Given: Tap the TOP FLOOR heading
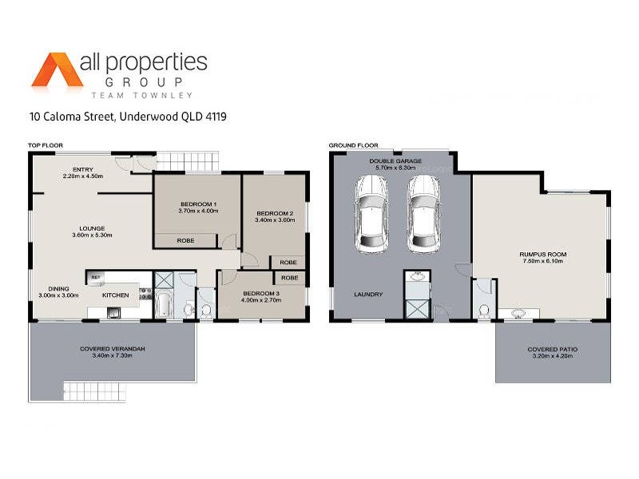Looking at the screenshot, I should pyautogui.click(x=46, y=145).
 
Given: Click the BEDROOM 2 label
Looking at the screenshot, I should pyautogui.click(x=275, y=213).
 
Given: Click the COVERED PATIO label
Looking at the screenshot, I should pyautogui.click(x=553, y=350).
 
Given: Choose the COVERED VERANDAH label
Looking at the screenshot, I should pyautogui.click(x=113, y=350).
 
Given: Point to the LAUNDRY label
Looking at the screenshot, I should pyautogui.click(x=368, y=295).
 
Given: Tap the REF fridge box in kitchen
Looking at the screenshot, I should pyautogui.click(x=95, y=277).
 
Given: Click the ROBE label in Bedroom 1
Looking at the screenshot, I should pyautogui.click(x=185, y=239).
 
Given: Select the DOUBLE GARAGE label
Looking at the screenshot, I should pyautogui.click(x=393, y=161).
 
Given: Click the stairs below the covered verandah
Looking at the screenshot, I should pyautogui.click(x=95, y=391).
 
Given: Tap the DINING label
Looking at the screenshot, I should pyautogui.click(x=58, y=288).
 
